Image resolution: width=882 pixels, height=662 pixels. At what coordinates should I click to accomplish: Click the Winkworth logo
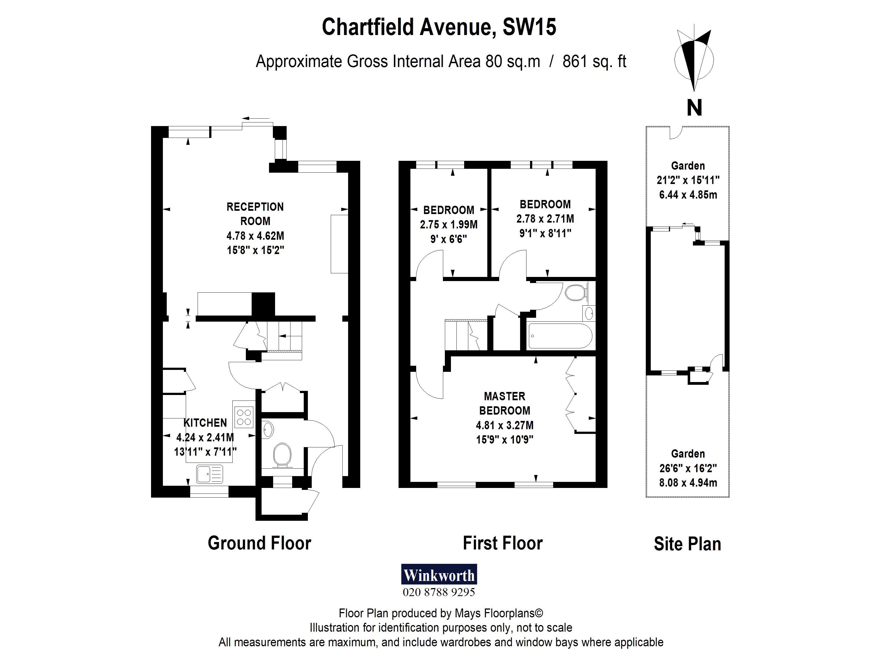[439, 574]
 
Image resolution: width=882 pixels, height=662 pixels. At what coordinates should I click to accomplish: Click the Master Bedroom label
[505, 404]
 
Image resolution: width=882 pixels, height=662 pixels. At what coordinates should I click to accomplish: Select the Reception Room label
[255, 214]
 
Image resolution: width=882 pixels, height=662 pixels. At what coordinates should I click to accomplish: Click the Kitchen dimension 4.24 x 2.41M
[205, 437]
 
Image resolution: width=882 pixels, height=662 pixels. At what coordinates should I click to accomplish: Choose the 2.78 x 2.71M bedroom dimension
[545, 219]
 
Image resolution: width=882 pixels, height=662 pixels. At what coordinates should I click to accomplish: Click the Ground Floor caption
[260, 543]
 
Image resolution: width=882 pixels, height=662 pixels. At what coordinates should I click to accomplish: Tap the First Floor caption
[503, 543]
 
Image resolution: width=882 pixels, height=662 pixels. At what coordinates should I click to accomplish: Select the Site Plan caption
[687, 544]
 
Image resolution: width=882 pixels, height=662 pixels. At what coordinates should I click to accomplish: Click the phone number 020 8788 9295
[439, 592]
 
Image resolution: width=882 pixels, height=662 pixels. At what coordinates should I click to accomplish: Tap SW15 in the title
[529, 27]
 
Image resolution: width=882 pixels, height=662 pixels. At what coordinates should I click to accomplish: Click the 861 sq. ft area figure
[594, 62]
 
